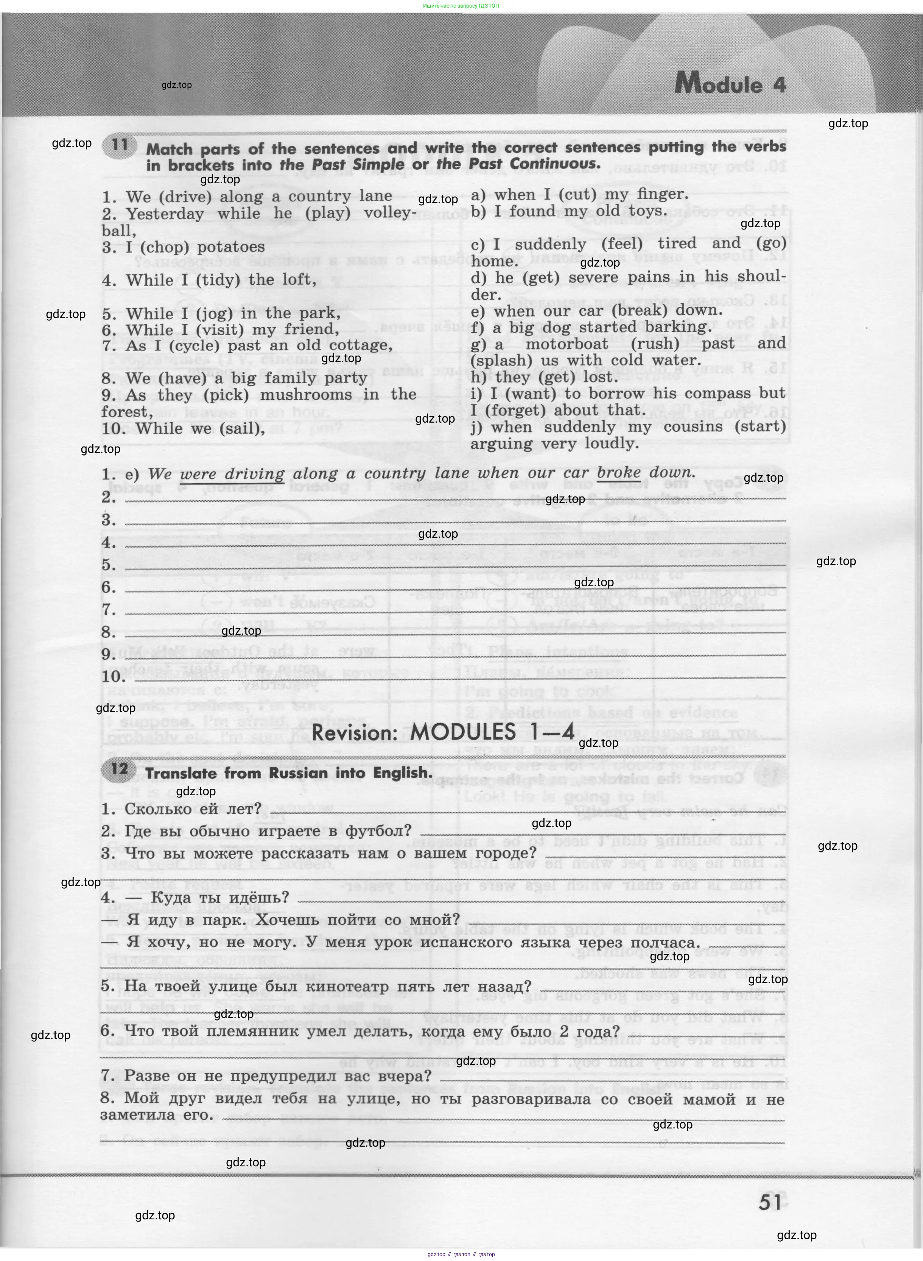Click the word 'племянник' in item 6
click(x=260, y=1031)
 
